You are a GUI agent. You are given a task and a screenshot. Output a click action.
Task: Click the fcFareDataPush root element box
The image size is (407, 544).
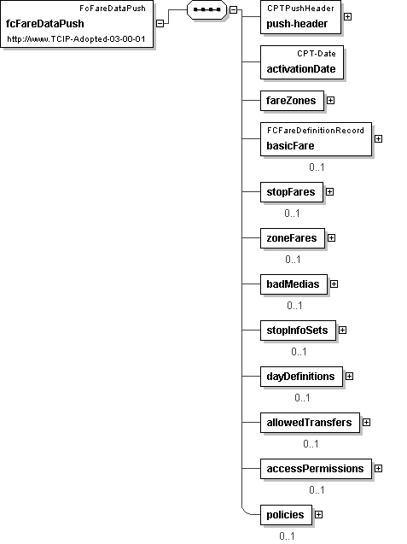pos(77,24)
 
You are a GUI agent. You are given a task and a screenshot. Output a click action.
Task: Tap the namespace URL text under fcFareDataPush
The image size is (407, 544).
pos(76,39)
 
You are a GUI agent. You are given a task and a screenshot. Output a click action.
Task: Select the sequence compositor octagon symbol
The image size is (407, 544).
pos(207,9)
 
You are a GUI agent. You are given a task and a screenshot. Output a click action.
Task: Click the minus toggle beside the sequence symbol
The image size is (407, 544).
pos(233,10)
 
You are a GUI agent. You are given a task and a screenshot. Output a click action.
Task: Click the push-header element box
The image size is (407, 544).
pos(300,17)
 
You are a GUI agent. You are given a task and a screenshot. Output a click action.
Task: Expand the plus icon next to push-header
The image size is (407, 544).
pos(347,17)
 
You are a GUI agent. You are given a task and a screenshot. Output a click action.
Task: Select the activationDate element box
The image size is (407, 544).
pos(302,62)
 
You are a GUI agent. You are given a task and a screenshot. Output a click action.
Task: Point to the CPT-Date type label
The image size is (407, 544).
pos(317,54)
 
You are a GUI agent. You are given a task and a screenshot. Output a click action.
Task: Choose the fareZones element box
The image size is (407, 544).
pos(292,101)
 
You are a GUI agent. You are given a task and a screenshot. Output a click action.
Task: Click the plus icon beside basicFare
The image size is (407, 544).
pos(378,138)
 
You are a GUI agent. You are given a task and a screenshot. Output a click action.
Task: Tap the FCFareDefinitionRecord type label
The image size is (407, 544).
pos(316,131)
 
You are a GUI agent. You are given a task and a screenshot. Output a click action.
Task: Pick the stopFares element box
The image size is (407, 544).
pos(292,192)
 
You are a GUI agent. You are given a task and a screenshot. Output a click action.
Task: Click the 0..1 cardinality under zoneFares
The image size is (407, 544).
pos(293,259)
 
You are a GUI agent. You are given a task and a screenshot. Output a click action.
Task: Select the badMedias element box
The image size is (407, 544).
pos(294,284)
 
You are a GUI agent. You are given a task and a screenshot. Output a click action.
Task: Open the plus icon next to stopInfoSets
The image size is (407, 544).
pos(342,330)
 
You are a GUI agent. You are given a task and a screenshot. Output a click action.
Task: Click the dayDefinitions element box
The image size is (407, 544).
pos(301,377)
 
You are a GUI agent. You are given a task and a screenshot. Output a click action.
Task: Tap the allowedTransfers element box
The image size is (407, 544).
pos(310,423)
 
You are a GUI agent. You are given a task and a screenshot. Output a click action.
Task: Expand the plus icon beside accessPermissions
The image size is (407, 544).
pos(378,468)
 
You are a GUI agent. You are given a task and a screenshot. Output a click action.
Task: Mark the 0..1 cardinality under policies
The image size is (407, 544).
pos(287,536)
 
